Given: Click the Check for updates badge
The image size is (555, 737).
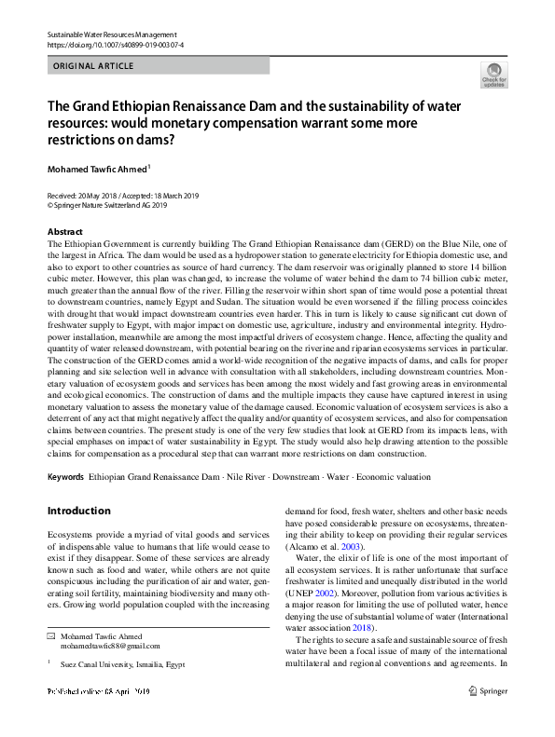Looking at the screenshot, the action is [493, 75].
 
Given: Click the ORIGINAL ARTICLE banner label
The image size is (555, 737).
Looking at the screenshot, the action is [94, 66].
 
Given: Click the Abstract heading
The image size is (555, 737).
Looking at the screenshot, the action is [64, 231].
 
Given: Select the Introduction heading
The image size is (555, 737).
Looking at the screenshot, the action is [78, 511].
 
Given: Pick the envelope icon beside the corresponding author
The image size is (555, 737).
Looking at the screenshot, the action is [52, 661].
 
